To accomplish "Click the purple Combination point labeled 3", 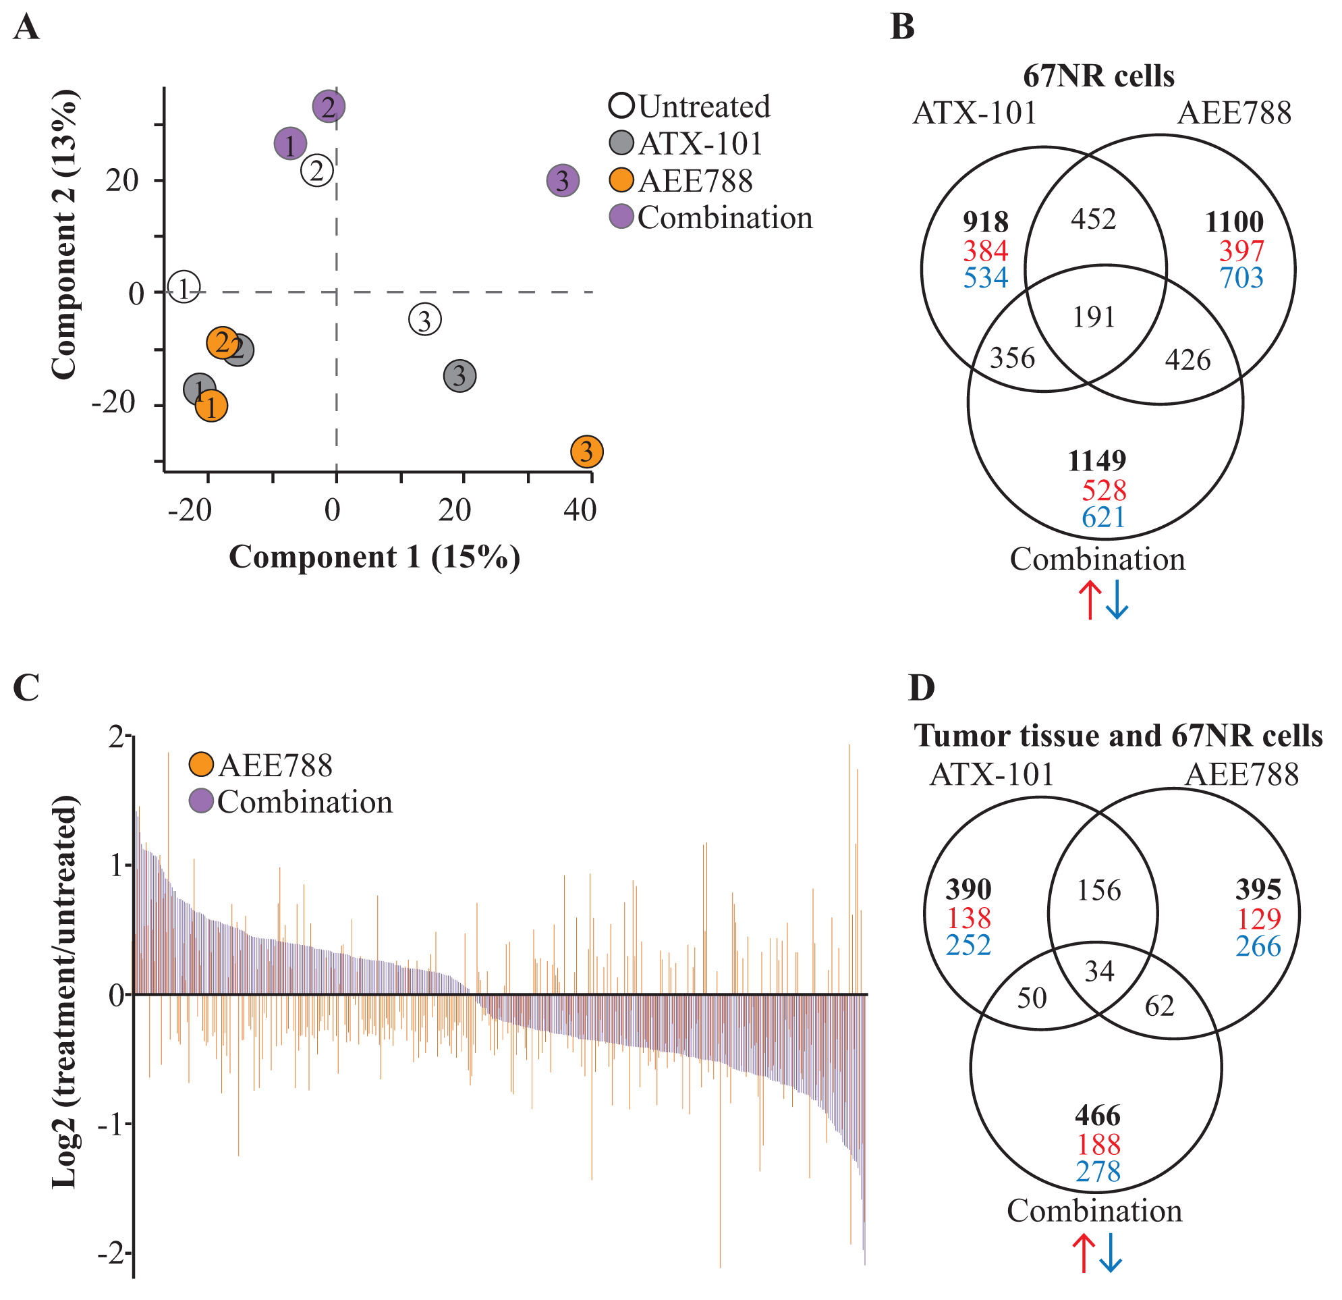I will [x=563, y=181].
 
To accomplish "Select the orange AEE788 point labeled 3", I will [x=587, y=452].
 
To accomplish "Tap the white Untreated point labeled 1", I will [x=184, y=288].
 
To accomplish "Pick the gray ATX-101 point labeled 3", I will [x=460, y=376].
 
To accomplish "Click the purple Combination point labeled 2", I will [x=329, y=107].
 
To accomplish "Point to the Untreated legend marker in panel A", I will [x=621, y=106].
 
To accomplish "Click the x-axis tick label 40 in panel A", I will [x=580, y=511].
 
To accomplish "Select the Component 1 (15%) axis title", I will [x=374, y=558].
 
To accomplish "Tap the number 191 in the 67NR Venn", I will [x=1094, y=317].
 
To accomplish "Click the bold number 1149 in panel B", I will [x=1097, y=461].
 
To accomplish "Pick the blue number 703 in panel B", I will [x=1241, y=278].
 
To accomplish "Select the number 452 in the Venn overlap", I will [x=1094, y=219].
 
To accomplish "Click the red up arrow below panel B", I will [x=1090, y=601].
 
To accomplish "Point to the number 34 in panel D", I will [x=1100, y=971].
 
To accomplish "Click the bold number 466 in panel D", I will [x=1098, y=1116].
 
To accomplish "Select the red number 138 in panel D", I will [x=969, y=918].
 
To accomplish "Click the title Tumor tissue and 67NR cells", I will [x=1118, y=736].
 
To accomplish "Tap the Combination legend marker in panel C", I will [x=201, y=801].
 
